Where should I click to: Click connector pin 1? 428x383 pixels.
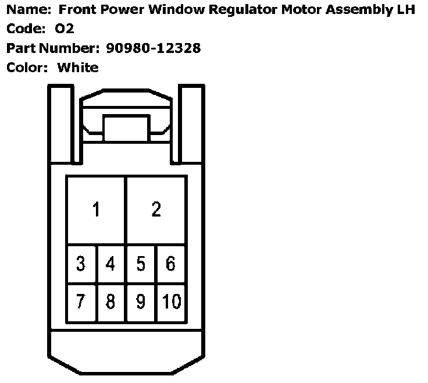(97, 210)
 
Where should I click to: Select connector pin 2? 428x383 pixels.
(156, 210)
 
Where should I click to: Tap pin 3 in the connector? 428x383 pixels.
(81, 264)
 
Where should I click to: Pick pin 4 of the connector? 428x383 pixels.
(110, 264)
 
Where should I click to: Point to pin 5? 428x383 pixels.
(141, 264)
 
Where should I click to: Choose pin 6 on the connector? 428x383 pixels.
(170, 264)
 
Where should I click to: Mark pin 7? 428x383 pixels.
(81, 302)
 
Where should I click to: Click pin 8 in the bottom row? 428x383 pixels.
(110, 302)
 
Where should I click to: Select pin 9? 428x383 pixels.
(141, 302)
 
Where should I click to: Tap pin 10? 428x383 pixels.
(172, 302)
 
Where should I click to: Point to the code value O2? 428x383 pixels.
(65, 29)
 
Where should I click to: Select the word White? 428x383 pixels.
(78, 67)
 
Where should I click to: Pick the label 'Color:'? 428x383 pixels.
(27, 67)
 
